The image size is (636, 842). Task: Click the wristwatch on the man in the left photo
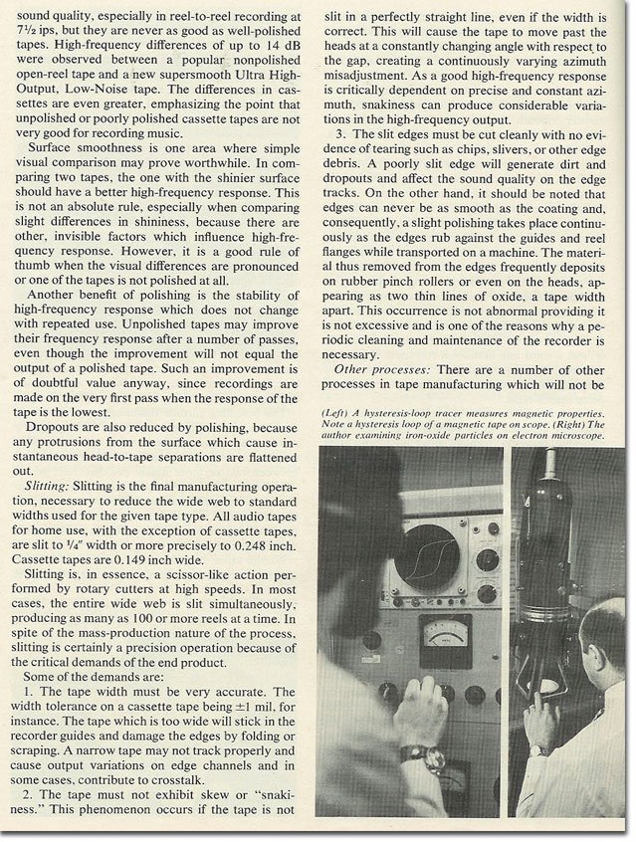[x=410, y=754]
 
